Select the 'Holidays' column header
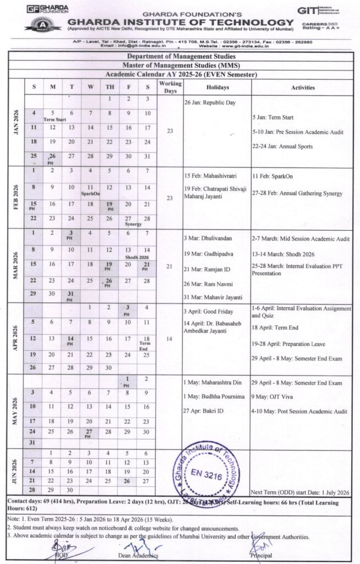pyautogui.click(x=216, y=87)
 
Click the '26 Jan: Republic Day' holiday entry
pyautogui.click(x=209, y=102)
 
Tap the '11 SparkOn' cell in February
pyautogui.click(x=90, y=190)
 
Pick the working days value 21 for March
pyautogui.click(x=169, y=267)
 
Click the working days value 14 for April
pyautogui.click(x=169, y=339)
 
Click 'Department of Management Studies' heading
pyautogui.click(x=181, y=57)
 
